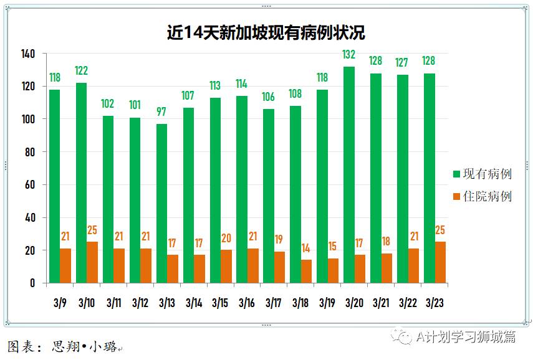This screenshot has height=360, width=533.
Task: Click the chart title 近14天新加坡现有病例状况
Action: coord(266,32)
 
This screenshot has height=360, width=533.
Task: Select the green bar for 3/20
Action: coord(349,174)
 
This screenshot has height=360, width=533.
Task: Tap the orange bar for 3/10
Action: coord(92,262)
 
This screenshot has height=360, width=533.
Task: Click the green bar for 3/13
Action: coord(161,203)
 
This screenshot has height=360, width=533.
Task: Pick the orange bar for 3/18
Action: coord(306,271)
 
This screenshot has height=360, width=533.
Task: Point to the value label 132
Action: coord(349,55)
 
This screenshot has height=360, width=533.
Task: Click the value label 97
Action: coord(162,113)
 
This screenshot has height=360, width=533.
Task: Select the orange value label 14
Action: coord(306,249)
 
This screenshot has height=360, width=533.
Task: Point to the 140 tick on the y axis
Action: coord(28,54)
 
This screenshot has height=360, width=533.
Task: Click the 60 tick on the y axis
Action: coord(31,185)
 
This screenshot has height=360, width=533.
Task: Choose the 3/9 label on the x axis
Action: coord(60,303)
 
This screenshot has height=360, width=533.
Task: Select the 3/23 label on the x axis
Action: coord(435,303)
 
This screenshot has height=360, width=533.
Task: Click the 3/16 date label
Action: coord(247,303)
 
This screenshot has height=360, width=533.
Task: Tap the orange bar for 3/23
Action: coord(440,262)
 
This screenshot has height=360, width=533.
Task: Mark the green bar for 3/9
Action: coord(54,186)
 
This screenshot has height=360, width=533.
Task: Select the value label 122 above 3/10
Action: coord(81,71)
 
